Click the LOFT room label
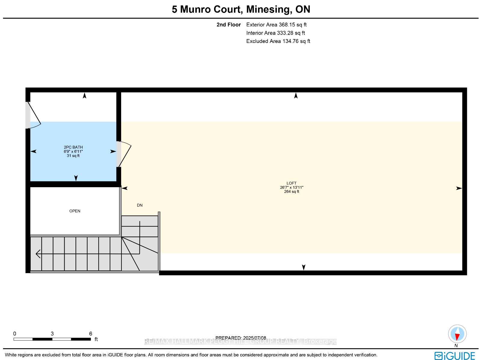[x=291, y=183]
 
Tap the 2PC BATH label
[x=73, y=147]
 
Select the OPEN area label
[x=75, y=211]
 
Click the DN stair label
[x=139, y=205]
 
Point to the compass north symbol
[x=457, y=334]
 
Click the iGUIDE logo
[x=455, y=356]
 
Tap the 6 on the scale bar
[x=90, y=334]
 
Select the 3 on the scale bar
[x=52, y=334]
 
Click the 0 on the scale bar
[x=15, y=334]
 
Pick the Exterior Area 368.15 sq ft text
[x=276, y=25]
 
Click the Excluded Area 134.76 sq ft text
[x=278, y=41]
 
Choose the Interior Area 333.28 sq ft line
[x=275, y=33]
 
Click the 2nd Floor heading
[x=228, y=25]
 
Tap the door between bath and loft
[x=124, y=154]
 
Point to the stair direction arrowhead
[x=38, y=254]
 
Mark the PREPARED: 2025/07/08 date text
[x=240, y=338]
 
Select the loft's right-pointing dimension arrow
[x=459, y=188]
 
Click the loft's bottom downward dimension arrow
[x=304, y=267]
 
